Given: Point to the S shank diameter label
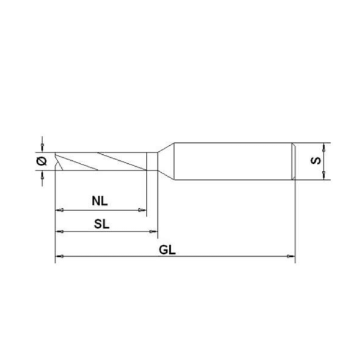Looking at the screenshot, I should point(316,161).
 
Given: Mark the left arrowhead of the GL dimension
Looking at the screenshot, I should point(58,257).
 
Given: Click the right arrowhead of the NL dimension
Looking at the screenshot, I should point(143,210).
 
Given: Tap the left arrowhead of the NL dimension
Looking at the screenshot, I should point(59,210).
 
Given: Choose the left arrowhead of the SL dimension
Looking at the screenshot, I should point(59,232).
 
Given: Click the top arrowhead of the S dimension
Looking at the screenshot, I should point(324,146).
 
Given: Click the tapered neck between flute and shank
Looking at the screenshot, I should point(165,160).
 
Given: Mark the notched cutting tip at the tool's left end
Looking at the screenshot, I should point(58,160).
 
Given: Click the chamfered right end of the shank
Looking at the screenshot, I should point(293,160).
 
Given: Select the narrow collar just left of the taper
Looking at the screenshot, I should point(152,160).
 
